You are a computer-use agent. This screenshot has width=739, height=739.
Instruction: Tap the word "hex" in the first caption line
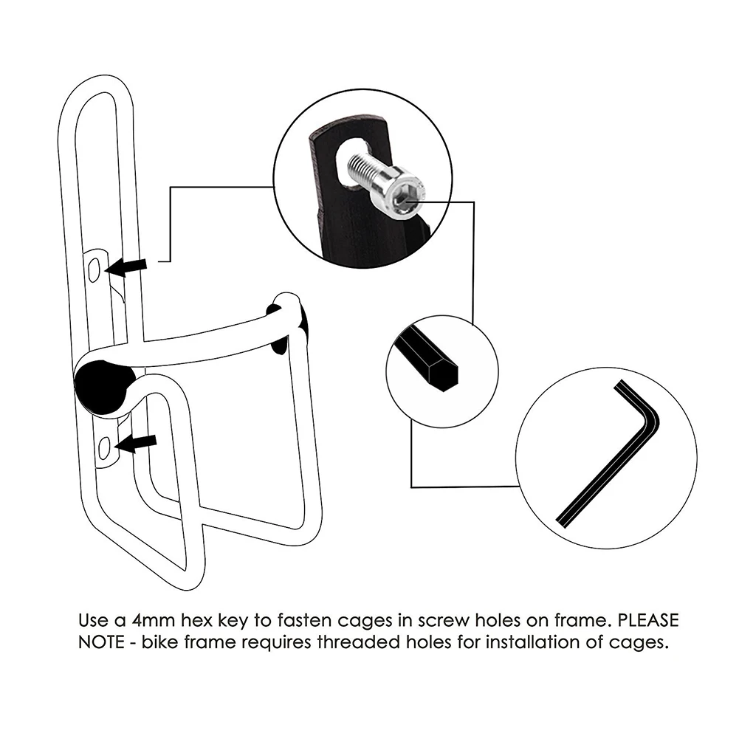(217, 619)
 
